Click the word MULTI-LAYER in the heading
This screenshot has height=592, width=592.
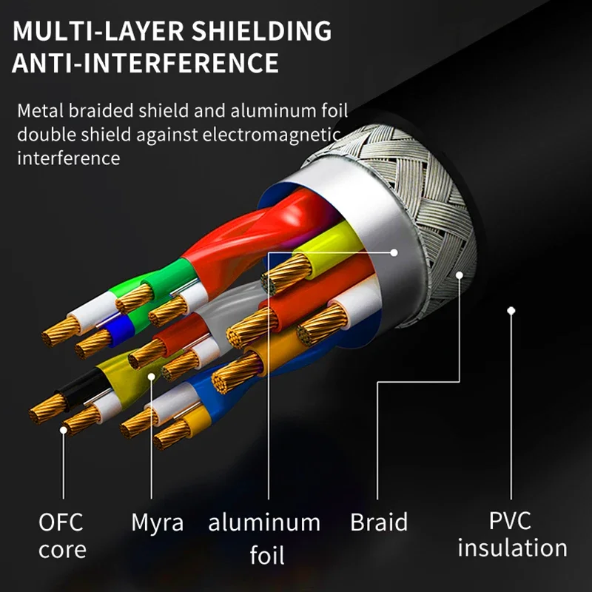coord(98,31)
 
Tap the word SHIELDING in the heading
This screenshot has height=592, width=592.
coord(261,31)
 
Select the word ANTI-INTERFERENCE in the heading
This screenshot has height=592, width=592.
coord(145,63)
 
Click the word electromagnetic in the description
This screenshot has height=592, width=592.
coord(271,134)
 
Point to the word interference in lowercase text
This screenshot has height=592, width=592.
coord(69,158)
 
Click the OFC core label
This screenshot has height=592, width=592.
coord(62,536)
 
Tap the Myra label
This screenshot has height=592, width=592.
coord(158,524)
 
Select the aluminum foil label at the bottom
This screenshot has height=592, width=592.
coord(265,539)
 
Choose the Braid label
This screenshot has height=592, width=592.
coord(379,522)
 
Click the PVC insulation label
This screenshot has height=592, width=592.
coord(512,534)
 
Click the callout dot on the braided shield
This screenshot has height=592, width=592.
coord(459,275)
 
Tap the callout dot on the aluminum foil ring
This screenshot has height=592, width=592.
coord(394,252)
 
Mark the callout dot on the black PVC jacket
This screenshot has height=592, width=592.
coord(511,311)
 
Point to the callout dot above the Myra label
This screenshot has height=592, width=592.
coord(152,377)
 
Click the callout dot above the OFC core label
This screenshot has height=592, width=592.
coord(64,430)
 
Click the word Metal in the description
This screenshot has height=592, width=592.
coord(41,110)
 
